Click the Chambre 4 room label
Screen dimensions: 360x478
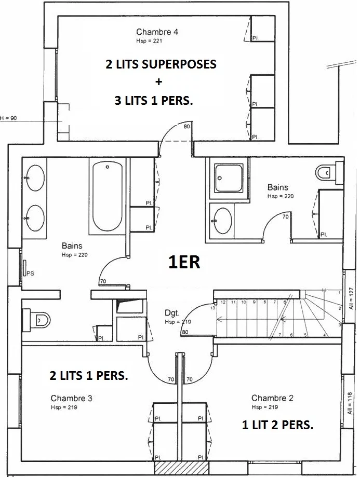click(157, 32)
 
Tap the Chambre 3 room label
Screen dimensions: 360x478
click(71, 398)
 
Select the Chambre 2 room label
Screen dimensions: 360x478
click(272, 398)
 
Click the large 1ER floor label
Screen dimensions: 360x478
click(184, 262)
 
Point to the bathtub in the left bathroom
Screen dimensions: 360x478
click(108, 196)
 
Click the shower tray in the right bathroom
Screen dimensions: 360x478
click(229, 178)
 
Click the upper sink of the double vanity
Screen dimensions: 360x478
click(35, 178)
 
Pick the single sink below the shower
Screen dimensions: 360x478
click(222, 221)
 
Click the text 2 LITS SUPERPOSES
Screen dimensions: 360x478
click(161, 64)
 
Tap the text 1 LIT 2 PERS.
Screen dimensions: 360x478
click(277, 425)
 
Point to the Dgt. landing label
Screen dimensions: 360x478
click(172, 312)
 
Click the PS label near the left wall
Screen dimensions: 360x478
click(30, 274)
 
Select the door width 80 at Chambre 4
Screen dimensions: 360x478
click(186, 126)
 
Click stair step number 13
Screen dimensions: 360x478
click(212, 308)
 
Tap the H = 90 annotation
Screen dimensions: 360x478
click(8, 118)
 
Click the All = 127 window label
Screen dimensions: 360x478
click(351, 298)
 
